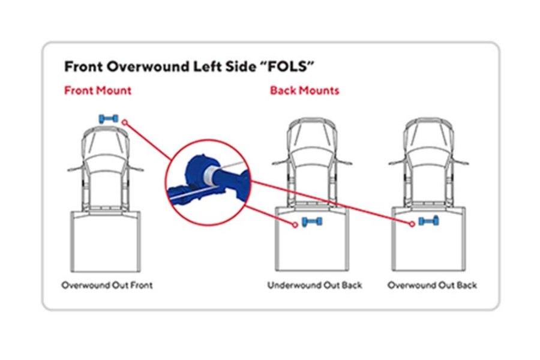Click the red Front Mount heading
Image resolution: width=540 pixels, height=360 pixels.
click(x=98, y=91)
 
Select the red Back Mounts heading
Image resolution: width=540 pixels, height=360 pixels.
click(x=304, y=91)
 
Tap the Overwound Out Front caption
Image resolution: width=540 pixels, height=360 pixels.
click(x=107, y=285)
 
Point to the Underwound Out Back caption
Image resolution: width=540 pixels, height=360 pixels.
click(x=314, y=285)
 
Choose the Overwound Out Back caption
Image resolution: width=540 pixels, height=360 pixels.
click(x=432, y=285)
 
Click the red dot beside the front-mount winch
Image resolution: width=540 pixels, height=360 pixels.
click(x=124, y=122)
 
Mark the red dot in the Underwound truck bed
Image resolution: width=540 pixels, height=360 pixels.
click(x=295, y=225)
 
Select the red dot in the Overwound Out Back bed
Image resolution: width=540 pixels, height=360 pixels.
click(x=412, y=224)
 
